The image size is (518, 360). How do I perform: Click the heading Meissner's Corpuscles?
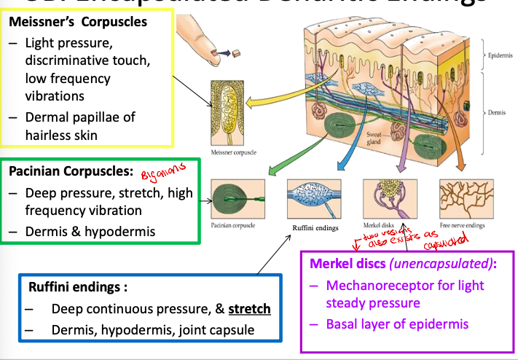(78, 22)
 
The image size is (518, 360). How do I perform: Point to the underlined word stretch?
(249, 309)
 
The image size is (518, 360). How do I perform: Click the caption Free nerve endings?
(463, 226)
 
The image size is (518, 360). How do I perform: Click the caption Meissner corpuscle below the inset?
(229, 153)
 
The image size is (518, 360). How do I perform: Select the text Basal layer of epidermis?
(398, 324)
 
